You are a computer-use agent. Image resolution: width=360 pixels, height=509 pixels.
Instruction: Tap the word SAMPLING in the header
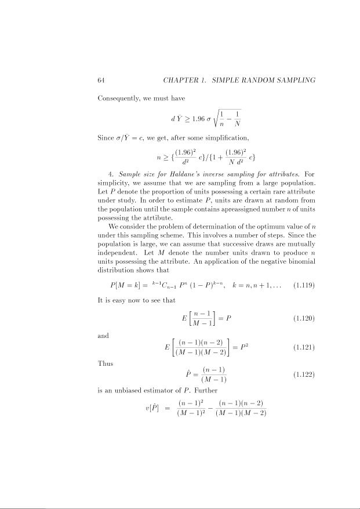291,79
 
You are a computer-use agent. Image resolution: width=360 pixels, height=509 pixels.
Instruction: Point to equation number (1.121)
304,348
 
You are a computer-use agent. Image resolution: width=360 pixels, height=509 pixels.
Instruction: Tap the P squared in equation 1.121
245,348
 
